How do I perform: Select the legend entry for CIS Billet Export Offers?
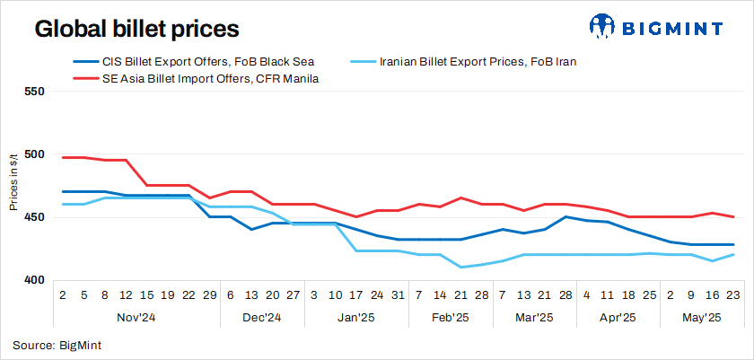tap(193, 62)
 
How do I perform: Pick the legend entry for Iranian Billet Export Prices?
tap(477, 62)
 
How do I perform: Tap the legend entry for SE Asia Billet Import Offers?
tap(197, 79)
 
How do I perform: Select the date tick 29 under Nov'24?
tap(209, 294)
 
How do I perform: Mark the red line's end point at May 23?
tap(734, 216)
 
